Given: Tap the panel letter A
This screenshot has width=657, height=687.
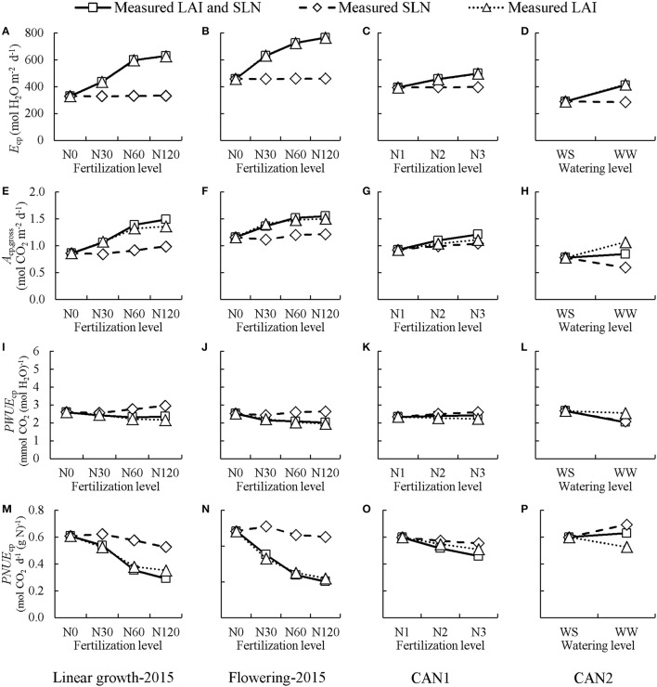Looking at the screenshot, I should click(x=7, y=33).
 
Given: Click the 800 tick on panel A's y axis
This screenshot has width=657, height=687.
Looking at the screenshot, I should click(x=44, y=33).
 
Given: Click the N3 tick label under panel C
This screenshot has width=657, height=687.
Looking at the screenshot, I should click(x=477, y=155).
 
